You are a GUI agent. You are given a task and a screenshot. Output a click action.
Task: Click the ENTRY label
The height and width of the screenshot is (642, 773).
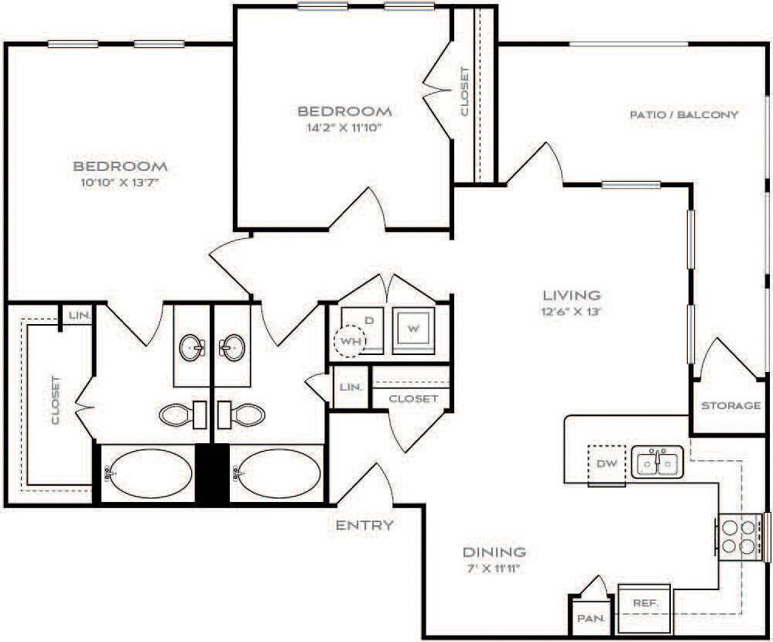(x=364, y=526)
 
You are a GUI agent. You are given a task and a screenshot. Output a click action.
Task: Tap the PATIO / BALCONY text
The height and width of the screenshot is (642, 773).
(x=683, y=114)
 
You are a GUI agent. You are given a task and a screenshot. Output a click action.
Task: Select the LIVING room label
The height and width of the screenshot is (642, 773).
(x=571, y=295)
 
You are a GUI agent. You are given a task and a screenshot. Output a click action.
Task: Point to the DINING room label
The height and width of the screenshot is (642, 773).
(x=494, y=552)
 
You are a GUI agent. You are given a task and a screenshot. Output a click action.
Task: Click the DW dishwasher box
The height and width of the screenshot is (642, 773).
(x=607, y=466)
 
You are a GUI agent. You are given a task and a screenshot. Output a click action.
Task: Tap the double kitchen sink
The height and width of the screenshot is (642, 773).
(x=657, y=463)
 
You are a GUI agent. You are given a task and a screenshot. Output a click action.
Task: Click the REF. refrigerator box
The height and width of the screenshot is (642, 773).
(x=645, y=602)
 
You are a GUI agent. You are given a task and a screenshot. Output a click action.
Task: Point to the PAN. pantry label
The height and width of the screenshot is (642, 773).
(x=591, y=619)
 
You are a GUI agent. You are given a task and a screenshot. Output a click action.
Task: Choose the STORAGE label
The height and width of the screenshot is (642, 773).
(x=730, y=406)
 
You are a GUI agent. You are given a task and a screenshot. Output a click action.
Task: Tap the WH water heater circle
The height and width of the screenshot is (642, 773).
(x=347, y=340)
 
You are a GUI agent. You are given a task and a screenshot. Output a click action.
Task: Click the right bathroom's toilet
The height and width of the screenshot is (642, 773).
(x=242, y=415)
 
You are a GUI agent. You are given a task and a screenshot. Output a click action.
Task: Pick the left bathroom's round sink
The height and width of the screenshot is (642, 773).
(x=192, y=349)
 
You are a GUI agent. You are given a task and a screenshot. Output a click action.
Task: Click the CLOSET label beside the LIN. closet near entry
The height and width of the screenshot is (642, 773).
(x=413, y=399)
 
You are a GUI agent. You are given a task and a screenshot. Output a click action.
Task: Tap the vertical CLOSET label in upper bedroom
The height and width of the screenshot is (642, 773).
(x=464, y=91)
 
